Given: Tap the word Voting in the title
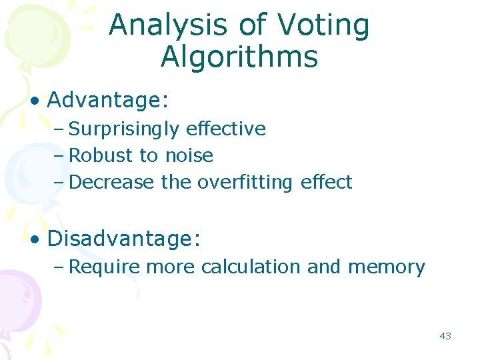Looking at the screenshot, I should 323,25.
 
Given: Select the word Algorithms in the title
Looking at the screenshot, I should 239,57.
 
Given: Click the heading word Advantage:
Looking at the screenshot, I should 108,101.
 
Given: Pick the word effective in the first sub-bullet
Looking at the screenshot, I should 226,129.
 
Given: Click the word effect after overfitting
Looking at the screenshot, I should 326,182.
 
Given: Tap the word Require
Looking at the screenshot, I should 105,267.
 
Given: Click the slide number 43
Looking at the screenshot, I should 445,336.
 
